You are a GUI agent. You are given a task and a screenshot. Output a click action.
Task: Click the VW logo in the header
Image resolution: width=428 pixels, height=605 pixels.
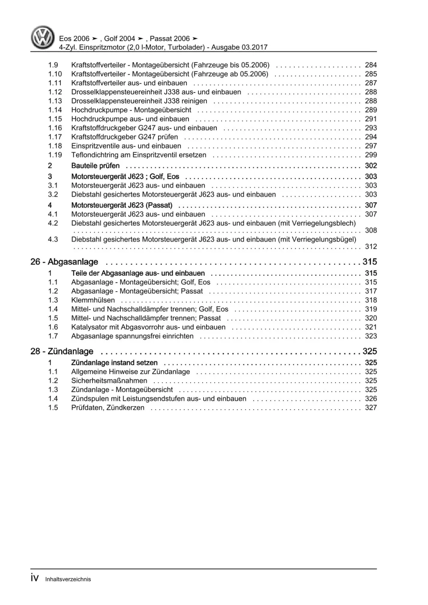43,37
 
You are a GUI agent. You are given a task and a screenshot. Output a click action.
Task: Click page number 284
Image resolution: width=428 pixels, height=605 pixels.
371,65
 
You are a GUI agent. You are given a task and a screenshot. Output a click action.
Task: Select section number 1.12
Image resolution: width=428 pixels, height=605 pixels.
55,92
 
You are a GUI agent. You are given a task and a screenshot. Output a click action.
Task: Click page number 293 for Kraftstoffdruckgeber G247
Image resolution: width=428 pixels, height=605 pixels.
371,128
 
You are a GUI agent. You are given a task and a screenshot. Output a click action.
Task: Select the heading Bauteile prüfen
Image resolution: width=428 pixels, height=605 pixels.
96,166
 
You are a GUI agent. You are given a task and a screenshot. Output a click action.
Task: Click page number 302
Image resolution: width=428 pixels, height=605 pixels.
371,166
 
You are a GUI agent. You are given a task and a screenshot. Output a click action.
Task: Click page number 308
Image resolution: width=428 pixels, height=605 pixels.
371,230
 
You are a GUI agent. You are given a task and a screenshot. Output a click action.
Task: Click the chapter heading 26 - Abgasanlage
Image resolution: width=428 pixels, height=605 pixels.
64,262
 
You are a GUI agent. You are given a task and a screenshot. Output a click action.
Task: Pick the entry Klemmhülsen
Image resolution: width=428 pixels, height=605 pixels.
93,300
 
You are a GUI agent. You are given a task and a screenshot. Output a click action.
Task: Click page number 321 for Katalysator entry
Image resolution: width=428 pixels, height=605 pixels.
371,327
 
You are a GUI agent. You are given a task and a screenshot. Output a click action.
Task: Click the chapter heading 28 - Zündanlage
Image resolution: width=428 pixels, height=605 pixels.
62,351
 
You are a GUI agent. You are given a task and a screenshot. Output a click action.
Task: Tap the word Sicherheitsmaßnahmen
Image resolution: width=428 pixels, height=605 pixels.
109,381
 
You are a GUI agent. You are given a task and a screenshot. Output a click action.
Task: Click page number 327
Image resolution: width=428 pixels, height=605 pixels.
371,408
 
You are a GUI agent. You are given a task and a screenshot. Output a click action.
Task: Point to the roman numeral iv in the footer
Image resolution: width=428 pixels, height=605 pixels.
35,578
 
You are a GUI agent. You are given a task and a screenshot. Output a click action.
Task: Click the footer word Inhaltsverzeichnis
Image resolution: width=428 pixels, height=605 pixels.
68,579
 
